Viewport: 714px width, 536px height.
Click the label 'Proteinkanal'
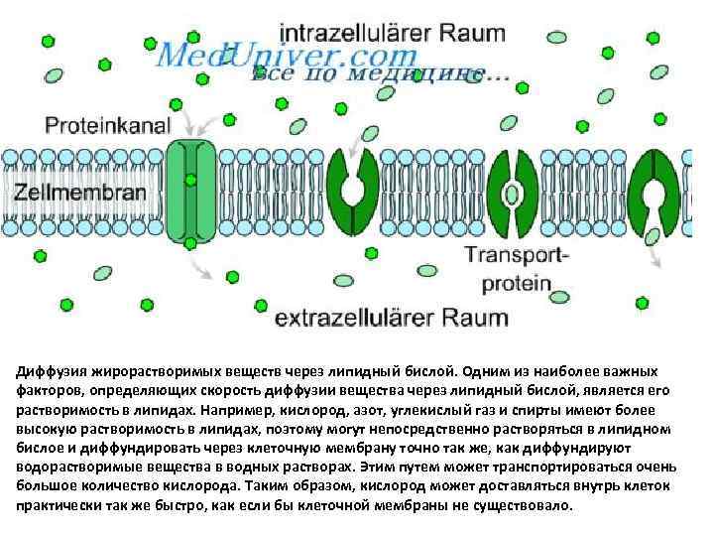(x=108, y=126)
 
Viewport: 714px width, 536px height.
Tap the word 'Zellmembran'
(x=80, y=192)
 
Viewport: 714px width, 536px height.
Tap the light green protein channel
(x=190, y=192)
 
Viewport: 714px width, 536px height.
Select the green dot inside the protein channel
(x=190, y=180)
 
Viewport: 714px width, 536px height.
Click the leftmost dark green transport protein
(x=353, y=192)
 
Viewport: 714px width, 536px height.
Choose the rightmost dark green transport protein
(x=655, y=192)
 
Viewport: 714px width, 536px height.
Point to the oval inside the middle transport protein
(x=513, y=192)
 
